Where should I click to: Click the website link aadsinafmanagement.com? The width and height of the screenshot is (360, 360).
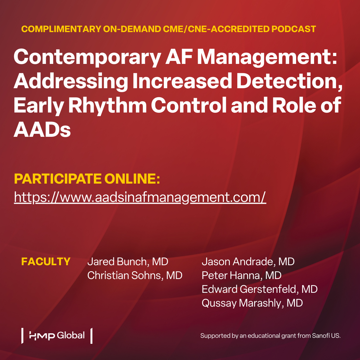[140, 197]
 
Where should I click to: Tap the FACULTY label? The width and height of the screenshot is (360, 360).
[46, 262]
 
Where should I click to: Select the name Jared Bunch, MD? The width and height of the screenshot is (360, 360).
[127, 262]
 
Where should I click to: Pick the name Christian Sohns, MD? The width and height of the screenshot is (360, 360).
[135, 275]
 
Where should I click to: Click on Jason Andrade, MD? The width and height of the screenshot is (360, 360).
[248, 262]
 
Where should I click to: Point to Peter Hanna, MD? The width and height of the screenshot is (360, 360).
[241, 275]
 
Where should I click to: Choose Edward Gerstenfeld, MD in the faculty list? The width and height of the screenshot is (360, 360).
[259, 289]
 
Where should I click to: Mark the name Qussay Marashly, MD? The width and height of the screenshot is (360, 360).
[252, 303]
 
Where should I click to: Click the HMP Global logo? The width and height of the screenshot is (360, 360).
[57, 335]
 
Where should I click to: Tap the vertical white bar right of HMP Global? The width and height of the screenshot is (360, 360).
[91, 336]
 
